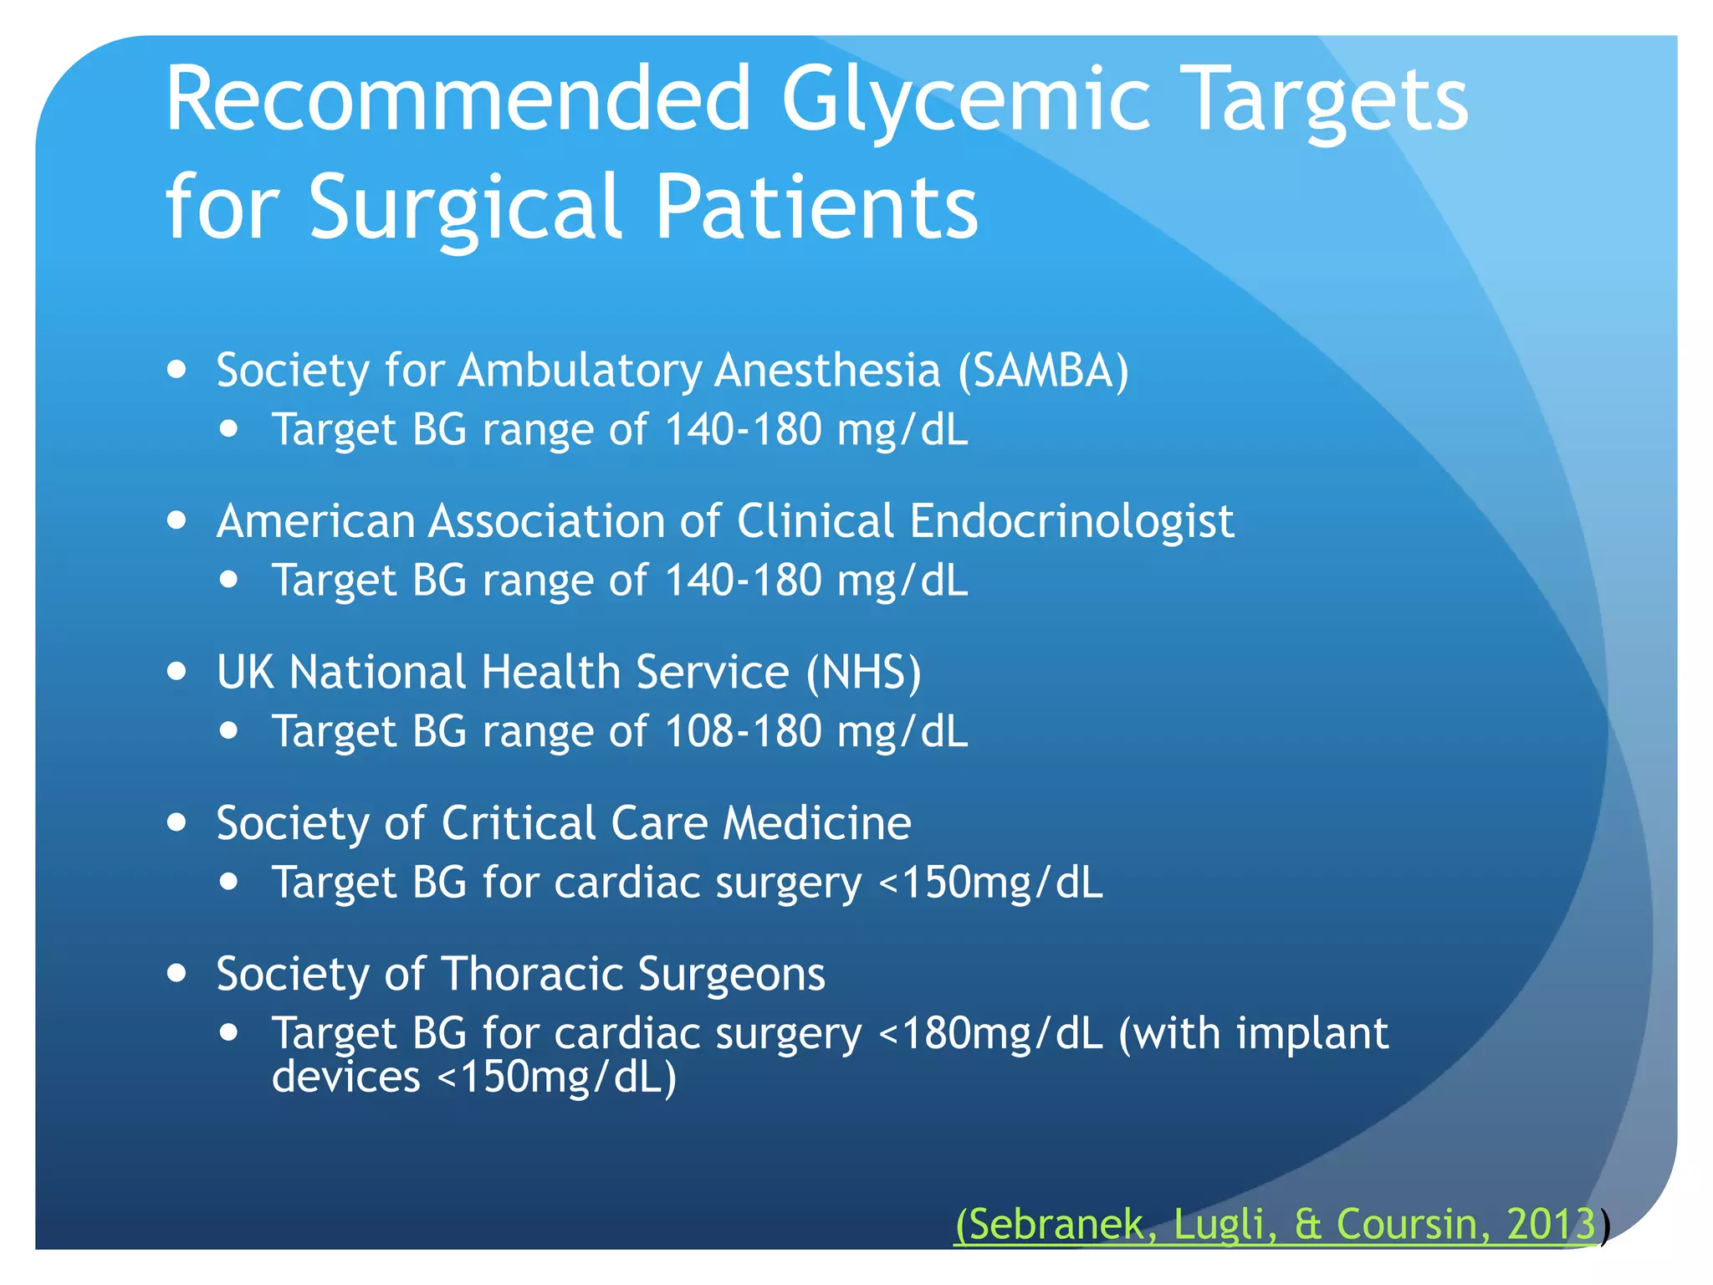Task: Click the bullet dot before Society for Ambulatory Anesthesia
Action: point(176,369)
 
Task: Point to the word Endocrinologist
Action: point(1071,521)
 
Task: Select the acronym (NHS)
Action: point(863,672)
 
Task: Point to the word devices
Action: point(345,1077)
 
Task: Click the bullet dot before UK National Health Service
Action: point(176,671)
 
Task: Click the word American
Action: point(315,521)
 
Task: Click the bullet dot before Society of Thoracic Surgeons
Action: point(176,973)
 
